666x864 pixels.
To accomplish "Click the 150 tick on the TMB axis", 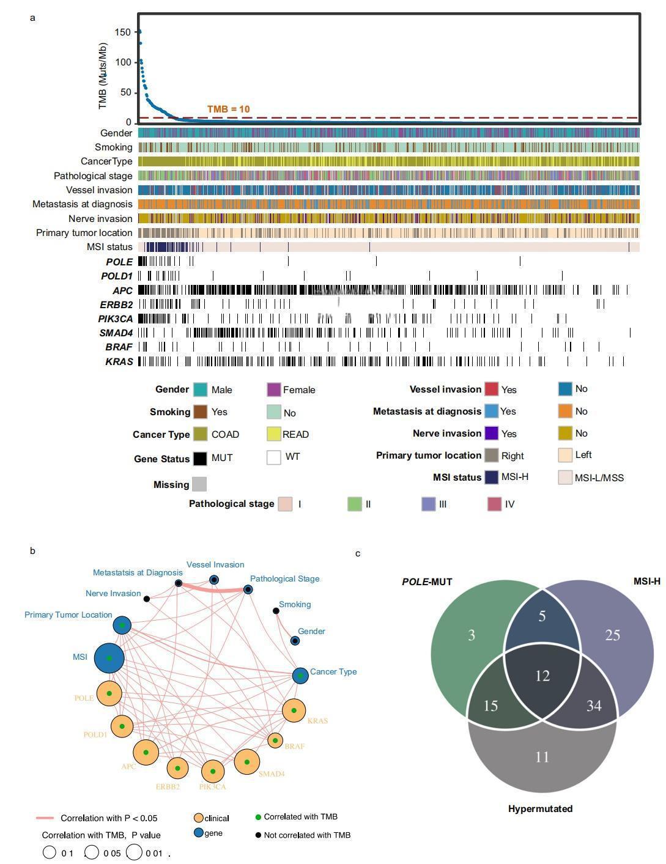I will [123, 32].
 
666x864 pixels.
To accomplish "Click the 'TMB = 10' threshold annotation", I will [228, 109].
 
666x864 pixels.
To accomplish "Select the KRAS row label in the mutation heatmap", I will [119, 361].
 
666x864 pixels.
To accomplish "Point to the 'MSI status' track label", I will [109, 247].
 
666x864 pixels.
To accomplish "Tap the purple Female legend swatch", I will [274, 390].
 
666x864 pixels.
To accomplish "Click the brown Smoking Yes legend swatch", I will [200, 412].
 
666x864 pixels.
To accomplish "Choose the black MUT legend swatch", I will [200, 458].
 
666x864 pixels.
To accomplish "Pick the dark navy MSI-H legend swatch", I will [491, 477].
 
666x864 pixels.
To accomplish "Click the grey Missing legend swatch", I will [199, 484].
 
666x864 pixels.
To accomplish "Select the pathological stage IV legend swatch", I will [494, 504].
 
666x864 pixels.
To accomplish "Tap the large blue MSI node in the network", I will [109, 658].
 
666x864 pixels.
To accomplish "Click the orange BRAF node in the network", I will [275, 740].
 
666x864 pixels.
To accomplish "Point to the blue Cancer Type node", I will [300, 676].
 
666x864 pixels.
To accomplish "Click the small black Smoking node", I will [276, 611].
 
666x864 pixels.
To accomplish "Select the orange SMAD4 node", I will [247, 762].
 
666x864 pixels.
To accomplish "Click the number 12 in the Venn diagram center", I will [542, 676].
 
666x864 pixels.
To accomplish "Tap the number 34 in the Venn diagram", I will [594, 706].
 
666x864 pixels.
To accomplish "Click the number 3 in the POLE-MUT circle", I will [472, 635].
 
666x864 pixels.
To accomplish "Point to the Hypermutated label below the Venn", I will [540, 808].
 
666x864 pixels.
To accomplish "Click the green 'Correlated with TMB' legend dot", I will [258, 817].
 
